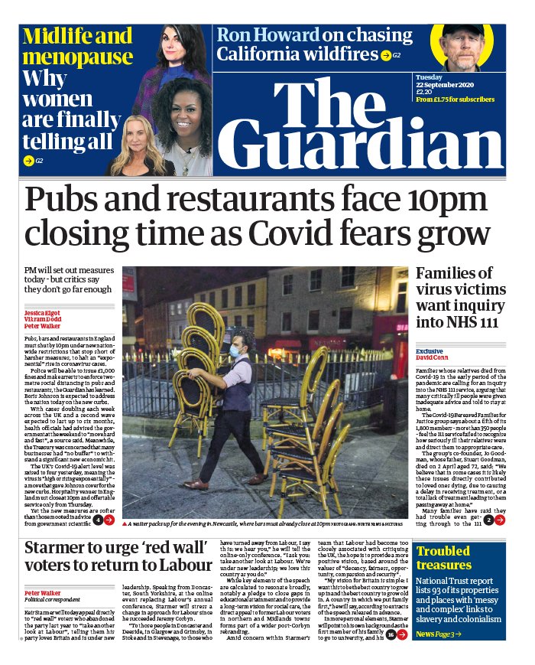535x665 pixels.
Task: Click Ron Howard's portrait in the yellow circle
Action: [x=458, y=45]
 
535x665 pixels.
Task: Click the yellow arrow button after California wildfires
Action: [x=387, y=55]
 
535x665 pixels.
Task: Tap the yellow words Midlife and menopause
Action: [x=77, y=47]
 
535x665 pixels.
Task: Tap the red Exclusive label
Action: [x=429, y=351]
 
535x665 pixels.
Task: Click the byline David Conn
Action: [x=432, y=358]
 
